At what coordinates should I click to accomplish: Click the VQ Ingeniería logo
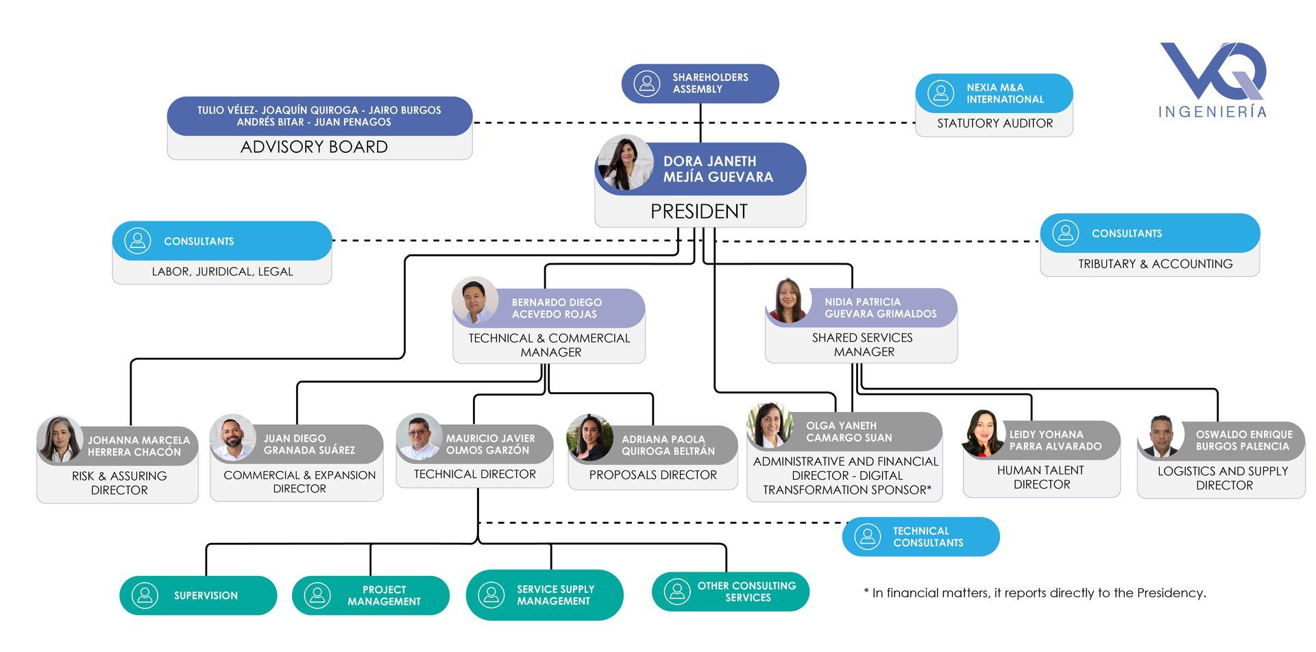(x=1213, y=79)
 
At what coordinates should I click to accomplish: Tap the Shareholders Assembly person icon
(x=646, y=84)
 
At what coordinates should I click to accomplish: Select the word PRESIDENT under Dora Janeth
(x=698, y=211)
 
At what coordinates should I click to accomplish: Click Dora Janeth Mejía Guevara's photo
(x=625, y=163)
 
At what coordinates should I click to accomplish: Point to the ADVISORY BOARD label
(x=314, y=147)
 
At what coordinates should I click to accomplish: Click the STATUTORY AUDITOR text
(x=995, y=123)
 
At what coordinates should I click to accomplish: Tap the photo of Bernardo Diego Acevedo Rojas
(x=475, y=300)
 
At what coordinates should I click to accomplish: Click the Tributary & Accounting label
(x=1155, y=264)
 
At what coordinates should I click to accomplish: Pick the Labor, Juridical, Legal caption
(x=222, y=271)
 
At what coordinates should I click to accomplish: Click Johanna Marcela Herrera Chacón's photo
(x=60, y=439)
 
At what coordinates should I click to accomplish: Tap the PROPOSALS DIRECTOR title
(x=653, y=475)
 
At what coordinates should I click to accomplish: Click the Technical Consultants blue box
(x=921, y=537)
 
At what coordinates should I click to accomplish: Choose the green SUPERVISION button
(x=198, y=595)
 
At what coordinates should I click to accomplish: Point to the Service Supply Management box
(x=544, y=595)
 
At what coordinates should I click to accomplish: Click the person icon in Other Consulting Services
(x=677, y=592)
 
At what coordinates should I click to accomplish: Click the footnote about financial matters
(x=1034, y=593)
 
